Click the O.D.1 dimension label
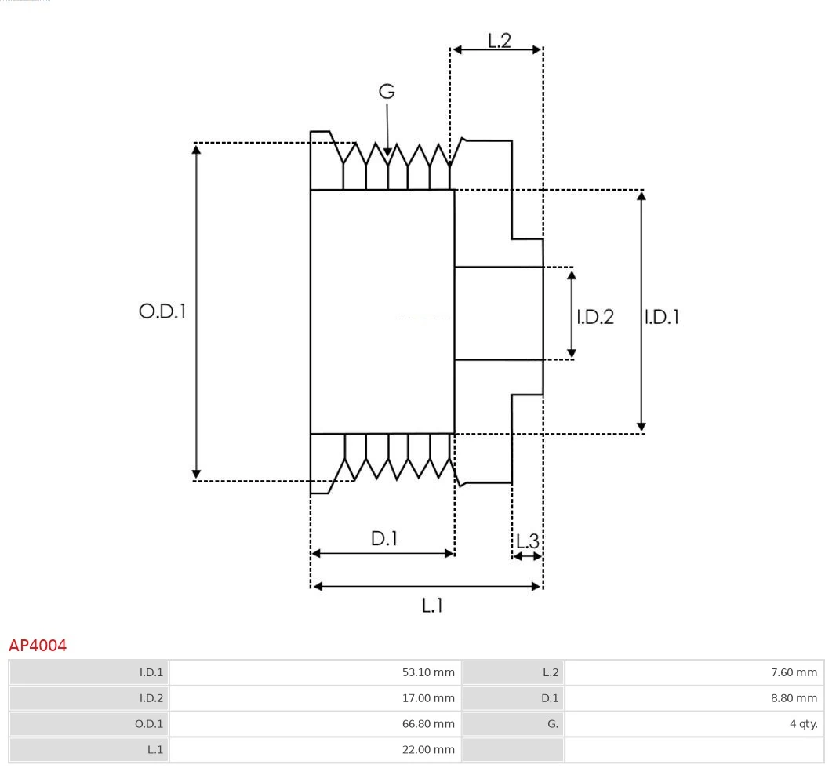tap(162, 311)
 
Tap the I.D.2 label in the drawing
tap(595, 317)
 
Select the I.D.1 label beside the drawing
tap(662, 317)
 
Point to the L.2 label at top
tap(500, 40)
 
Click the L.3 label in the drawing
tap(528, 541)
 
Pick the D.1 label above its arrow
tap(384, 539)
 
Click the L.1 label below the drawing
tap(433, 605)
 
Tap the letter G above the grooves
tap(387, 92)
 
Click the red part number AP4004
tap(38, 646)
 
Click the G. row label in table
tap(552, 724)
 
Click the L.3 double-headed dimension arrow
tap(527, 556)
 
